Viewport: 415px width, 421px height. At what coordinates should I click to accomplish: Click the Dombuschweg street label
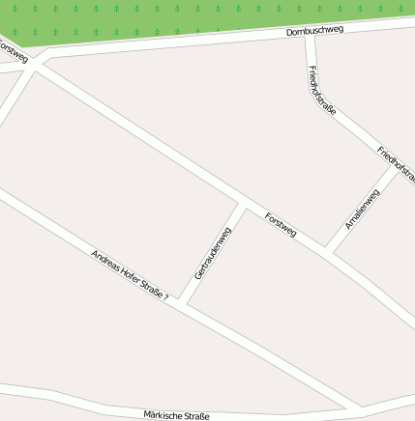tap(314, 32)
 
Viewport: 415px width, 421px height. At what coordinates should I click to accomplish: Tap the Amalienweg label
tap(363, 209)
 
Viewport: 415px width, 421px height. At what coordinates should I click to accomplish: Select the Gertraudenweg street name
tap(213, 253)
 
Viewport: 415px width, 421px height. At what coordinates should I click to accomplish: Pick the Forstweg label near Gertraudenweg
tap(281, 226)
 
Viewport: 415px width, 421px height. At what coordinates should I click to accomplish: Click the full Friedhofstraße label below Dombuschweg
tap(321, 91)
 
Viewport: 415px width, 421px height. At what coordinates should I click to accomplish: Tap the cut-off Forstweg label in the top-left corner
tap(12, 49)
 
